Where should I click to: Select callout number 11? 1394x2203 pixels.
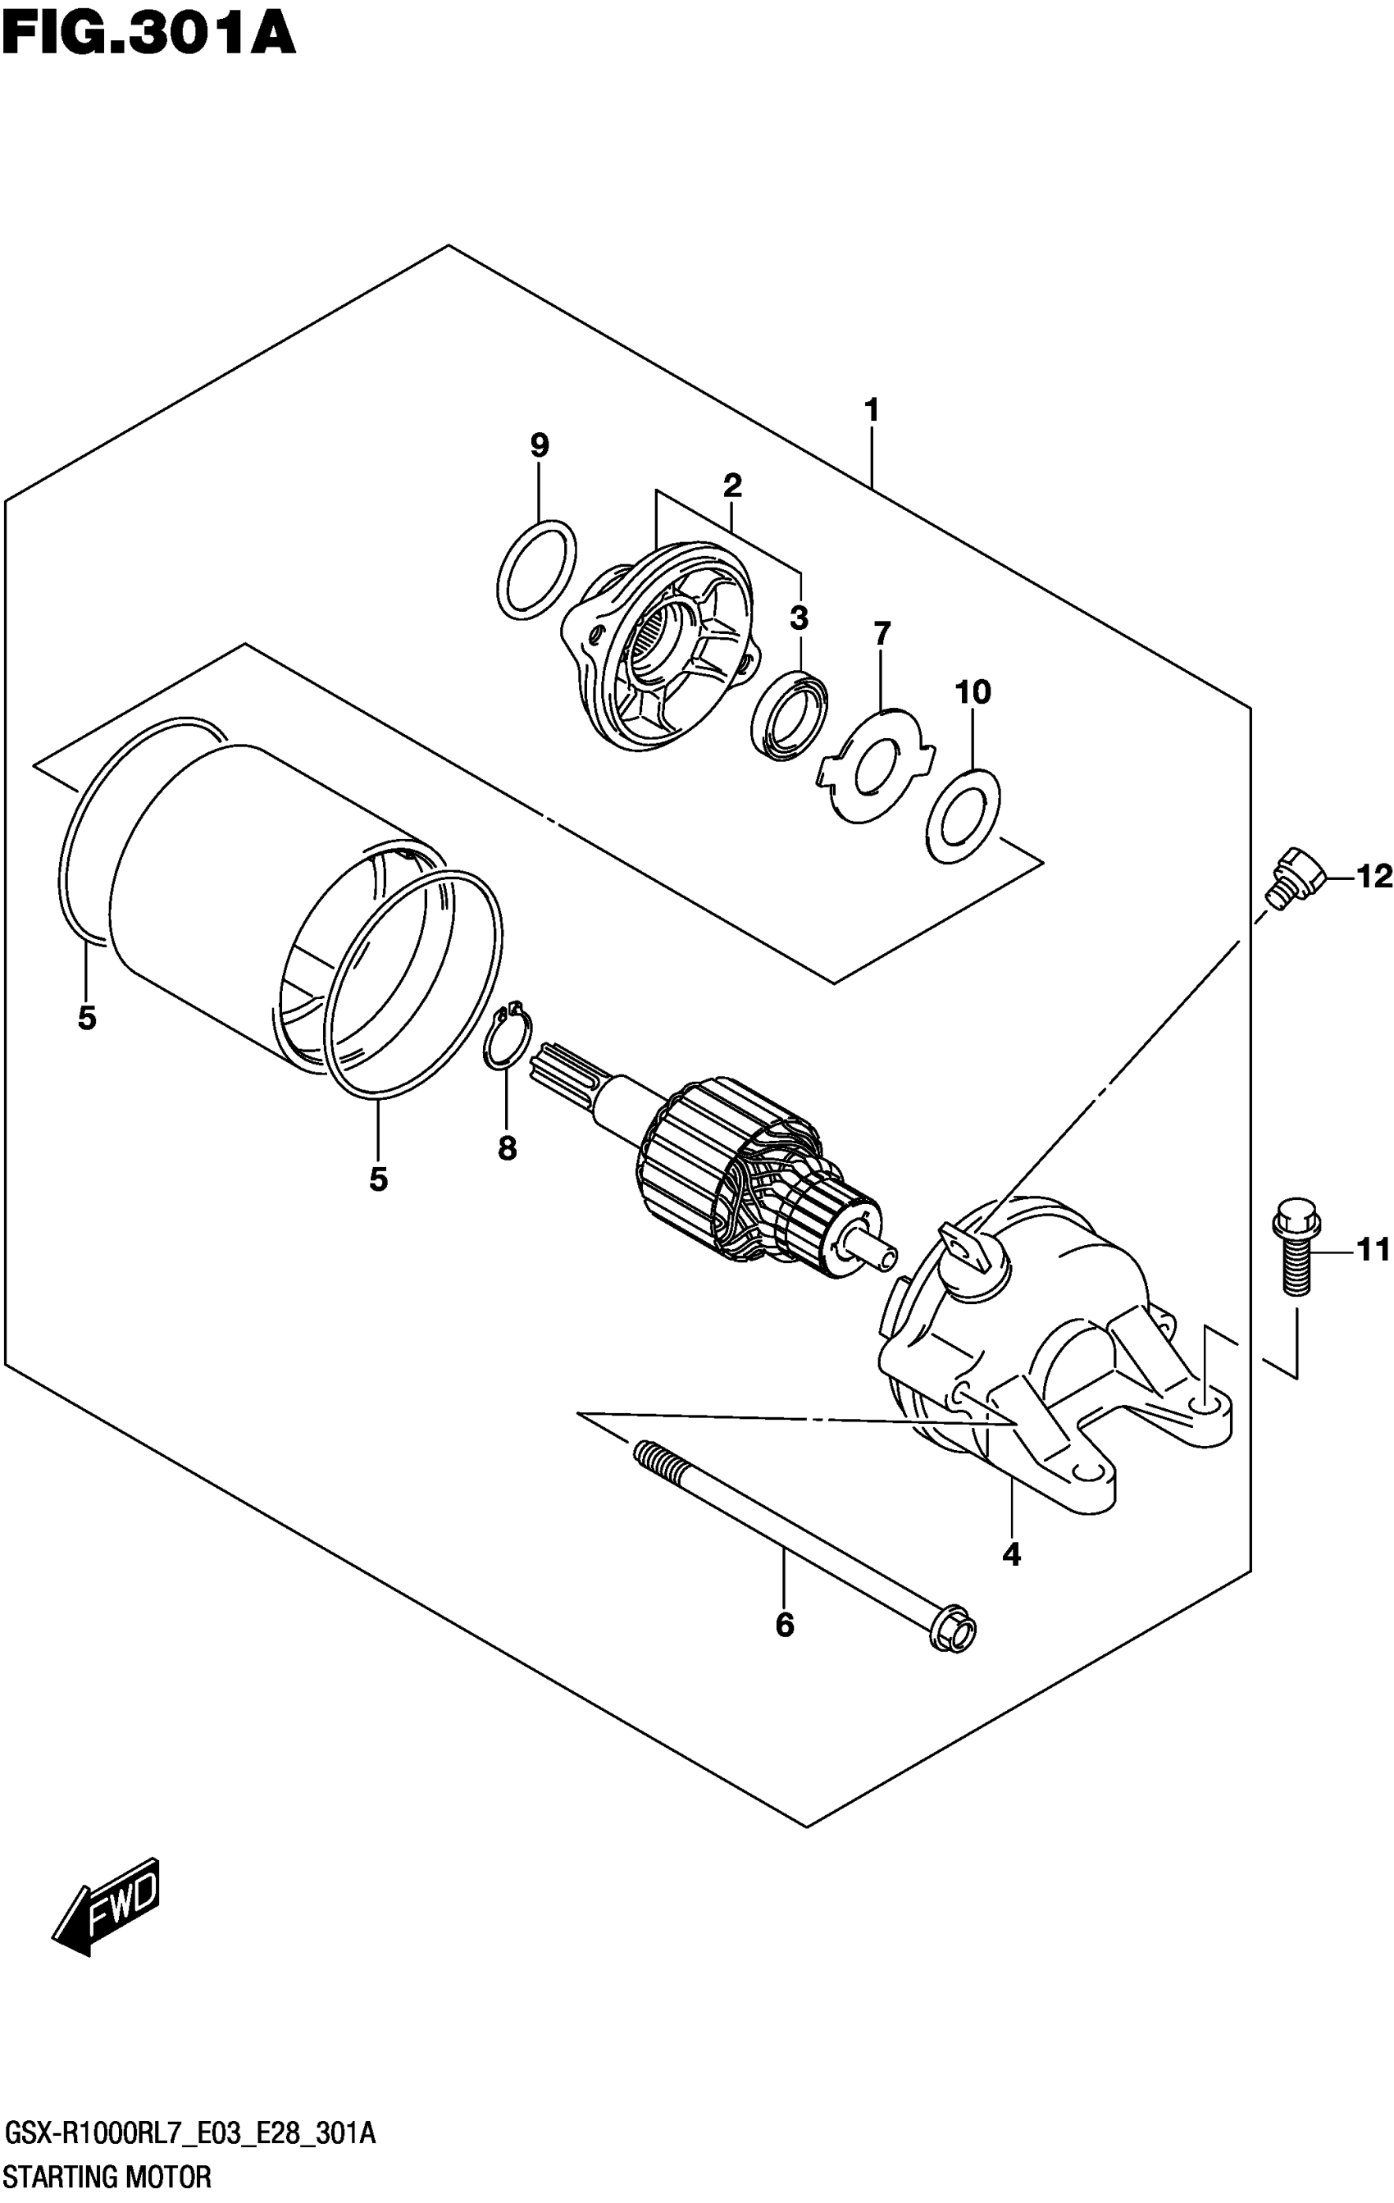point(1372,1249)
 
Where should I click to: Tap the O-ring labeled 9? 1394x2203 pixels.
point(537,569)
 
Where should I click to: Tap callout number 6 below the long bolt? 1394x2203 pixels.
point(784,1625)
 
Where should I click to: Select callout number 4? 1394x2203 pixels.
point(1011,1553)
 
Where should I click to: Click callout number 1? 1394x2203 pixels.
point(871,410)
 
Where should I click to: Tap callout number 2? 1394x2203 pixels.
point(731,485)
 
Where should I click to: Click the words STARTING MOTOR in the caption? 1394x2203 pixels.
point(108,2177)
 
